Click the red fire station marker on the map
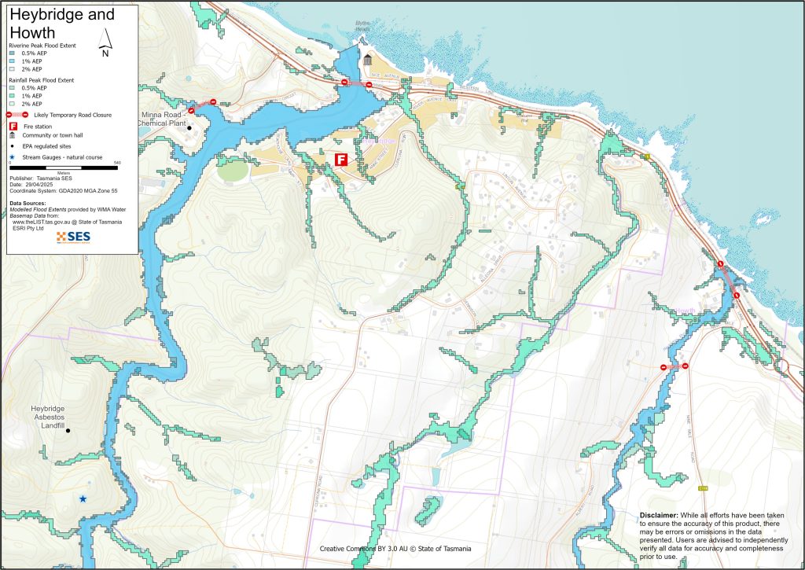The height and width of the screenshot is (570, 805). point(341,160)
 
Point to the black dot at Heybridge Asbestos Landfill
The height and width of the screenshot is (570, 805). point(68,431)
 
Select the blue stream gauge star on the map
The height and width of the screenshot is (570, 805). point(83,498)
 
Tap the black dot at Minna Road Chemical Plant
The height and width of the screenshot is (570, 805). point(189,128)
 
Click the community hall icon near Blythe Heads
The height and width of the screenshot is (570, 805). point(368,61)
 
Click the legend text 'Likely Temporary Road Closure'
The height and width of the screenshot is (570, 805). point(67,115)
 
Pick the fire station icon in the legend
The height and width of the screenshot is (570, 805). point(13,126)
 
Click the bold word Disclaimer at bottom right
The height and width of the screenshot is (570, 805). point(658,514)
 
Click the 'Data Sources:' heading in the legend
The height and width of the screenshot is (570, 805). point(29,203)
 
